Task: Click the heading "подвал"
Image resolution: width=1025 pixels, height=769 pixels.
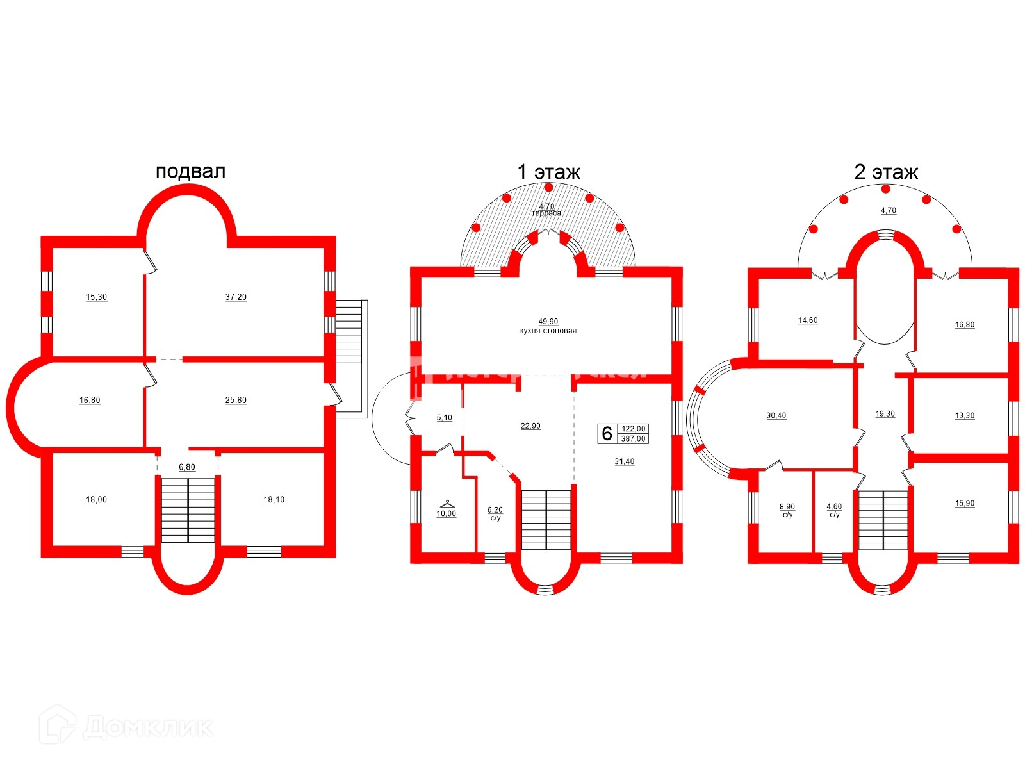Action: (x=190, y=171)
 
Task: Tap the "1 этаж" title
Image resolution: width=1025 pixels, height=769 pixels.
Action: (x=548, y=172)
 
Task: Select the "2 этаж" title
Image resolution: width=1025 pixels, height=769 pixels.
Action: (x=886, y=172)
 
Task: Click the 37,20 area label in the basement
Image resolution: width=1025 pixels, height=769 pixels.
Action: (x=236, y=297)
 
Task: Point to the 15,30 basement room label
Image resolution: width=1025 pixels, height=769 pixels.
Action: (x=97, y=297)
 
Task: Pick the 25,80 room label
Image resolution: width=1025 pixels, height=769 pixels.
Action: (x=236, y=400)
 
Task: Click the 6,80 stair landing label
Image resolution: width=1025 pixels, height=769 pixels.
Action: (x=187, y=467)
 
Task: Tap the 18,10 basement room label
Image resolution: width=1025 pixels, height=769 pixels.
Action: (x=274, y=500)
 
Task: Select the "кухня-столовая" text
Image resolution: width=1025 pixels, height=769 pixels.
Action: (x=548, y=331)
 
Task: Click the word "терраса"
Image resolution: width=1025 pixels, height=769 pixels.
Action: (x=546, y=213)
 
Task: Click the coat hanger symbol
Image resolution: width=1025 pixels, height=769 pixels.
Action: (x=447, y=504)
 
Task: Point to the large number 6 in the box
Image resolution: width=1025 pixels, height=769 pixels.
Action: (x=607, y=434)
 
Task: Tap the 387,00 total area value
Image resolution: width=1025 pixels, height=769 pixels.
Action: (x=634, y=439)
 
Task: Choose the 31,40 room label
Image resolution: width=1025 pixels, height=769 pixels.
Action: (x=625, y=461)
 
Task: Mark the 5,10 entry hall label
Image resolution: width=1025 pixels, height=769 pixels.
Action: (x=445, y=417)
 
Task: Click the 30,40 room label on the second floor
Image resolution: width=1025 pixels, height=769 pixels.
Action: (x=776, y=415)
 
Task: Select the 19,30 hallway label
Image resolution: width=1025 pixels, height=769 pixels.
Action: (x=885, y=414)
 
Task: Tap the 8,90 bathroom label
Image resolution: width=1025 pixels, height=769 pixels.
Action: (x=787, y=507)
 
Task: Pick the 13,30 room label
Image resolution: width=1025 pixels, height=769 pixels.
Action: (x=965, y=415)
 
